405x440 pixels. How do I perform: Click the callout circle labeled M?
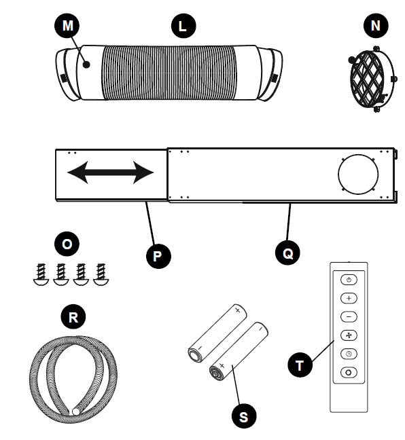click(67, 26)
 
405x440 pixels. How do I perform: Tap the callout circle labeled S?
click(244, 415)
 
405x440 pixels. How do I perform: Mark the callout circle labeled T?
click(299, 365)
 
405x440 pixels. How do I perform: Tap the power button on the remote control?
click(349, 280)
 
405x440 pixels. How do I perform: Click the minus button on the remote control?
click(349, 316)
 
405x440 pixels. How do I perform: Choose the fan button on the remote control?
click(349, 335)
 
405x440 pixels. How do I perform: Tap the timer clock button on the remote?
click(349, 353)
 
